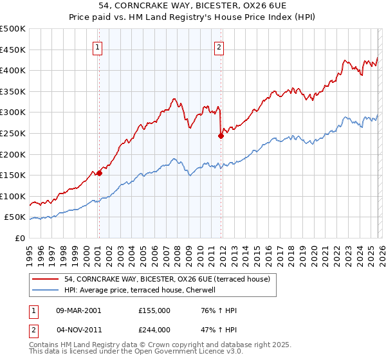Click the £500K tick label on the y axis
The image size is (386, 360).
click(x=13, y=29)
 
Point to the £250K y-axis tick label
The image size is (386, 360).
click(x=13, y=133)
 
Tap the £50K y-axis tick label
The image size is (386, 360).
click(x=15, y=217)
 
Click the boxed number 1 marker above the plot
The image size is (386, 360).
click(x=98, y=46)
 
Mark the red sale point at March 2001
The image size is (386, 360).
click(x=99, y=173)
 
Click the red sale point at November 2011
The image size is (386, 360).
click(x=221, y=136)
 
